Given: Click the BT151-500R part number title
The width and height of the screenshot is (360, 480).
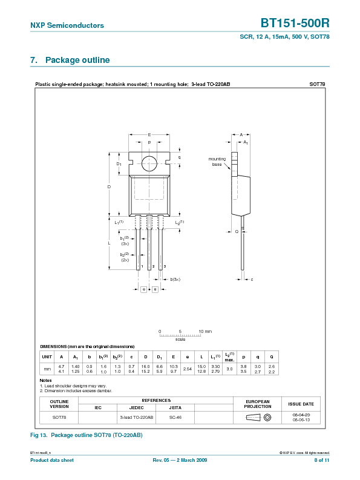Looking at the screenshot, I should pyautogui.click(x=295, y=24).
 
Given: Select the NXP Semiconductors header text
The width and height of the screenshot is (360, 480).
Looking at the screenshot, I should pyautogui.click(x=67, y=25).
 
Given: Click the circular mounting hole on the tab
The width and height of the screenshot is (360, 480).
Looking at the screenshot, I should pyautogui.click(x=149, y=162).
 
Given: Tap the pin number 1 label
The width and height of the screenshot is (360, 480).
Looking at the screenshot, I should pyautogui.click(x=142, y=266).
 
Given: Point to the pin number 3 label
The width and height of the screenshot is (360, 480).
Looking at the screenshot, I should pyautogui.click(x=165, y=266).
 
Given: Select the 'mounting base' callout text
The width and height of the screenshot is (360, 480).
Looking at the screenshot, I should pyautogui.click(x=217, y=162).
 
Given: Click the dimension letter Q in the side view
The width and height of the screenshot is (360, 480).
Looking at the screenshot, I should pyautogui.click(x=237, y=231).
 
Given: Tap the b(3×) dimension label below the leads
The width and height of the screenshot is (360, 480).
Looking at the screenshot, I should pyautogui.click(x=175, y=279).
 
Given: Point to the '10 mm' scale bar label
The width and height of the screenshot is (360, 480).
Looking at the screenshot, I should pyautogui.click(x=205, y=332).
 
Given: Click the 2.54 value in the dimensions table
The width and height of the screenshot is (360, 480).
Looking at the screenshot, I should pyautogui.click(x=187, y=369).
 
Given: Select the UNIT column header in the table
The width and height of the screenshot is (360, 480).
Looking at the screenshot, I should pyautogui.click(x=47, y=357).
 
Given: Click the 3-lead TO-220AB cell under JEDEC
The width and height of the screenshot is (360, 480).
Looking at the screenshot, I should pyautogui.click(x=137, y=418).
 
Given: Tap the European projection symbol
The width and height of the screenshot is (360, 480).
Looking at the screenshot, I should pyautogui.click(x=257, y=418).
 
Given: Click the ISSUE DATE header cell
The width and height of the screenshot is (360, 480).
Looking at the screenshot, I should pyautogui.click(x=301, y=404).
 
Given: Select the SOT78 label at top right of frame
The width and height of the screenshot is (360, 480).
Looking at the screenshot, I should pyautogui.click(x=317, y=84).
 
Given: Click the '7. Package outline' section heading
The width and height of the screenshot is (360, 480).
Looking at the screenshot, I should pyautogui.click(x=70, y=61).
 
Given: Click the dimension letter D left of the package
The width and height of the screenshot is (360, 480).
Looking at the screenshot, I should pyautogui.click(x=110, y=187).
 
